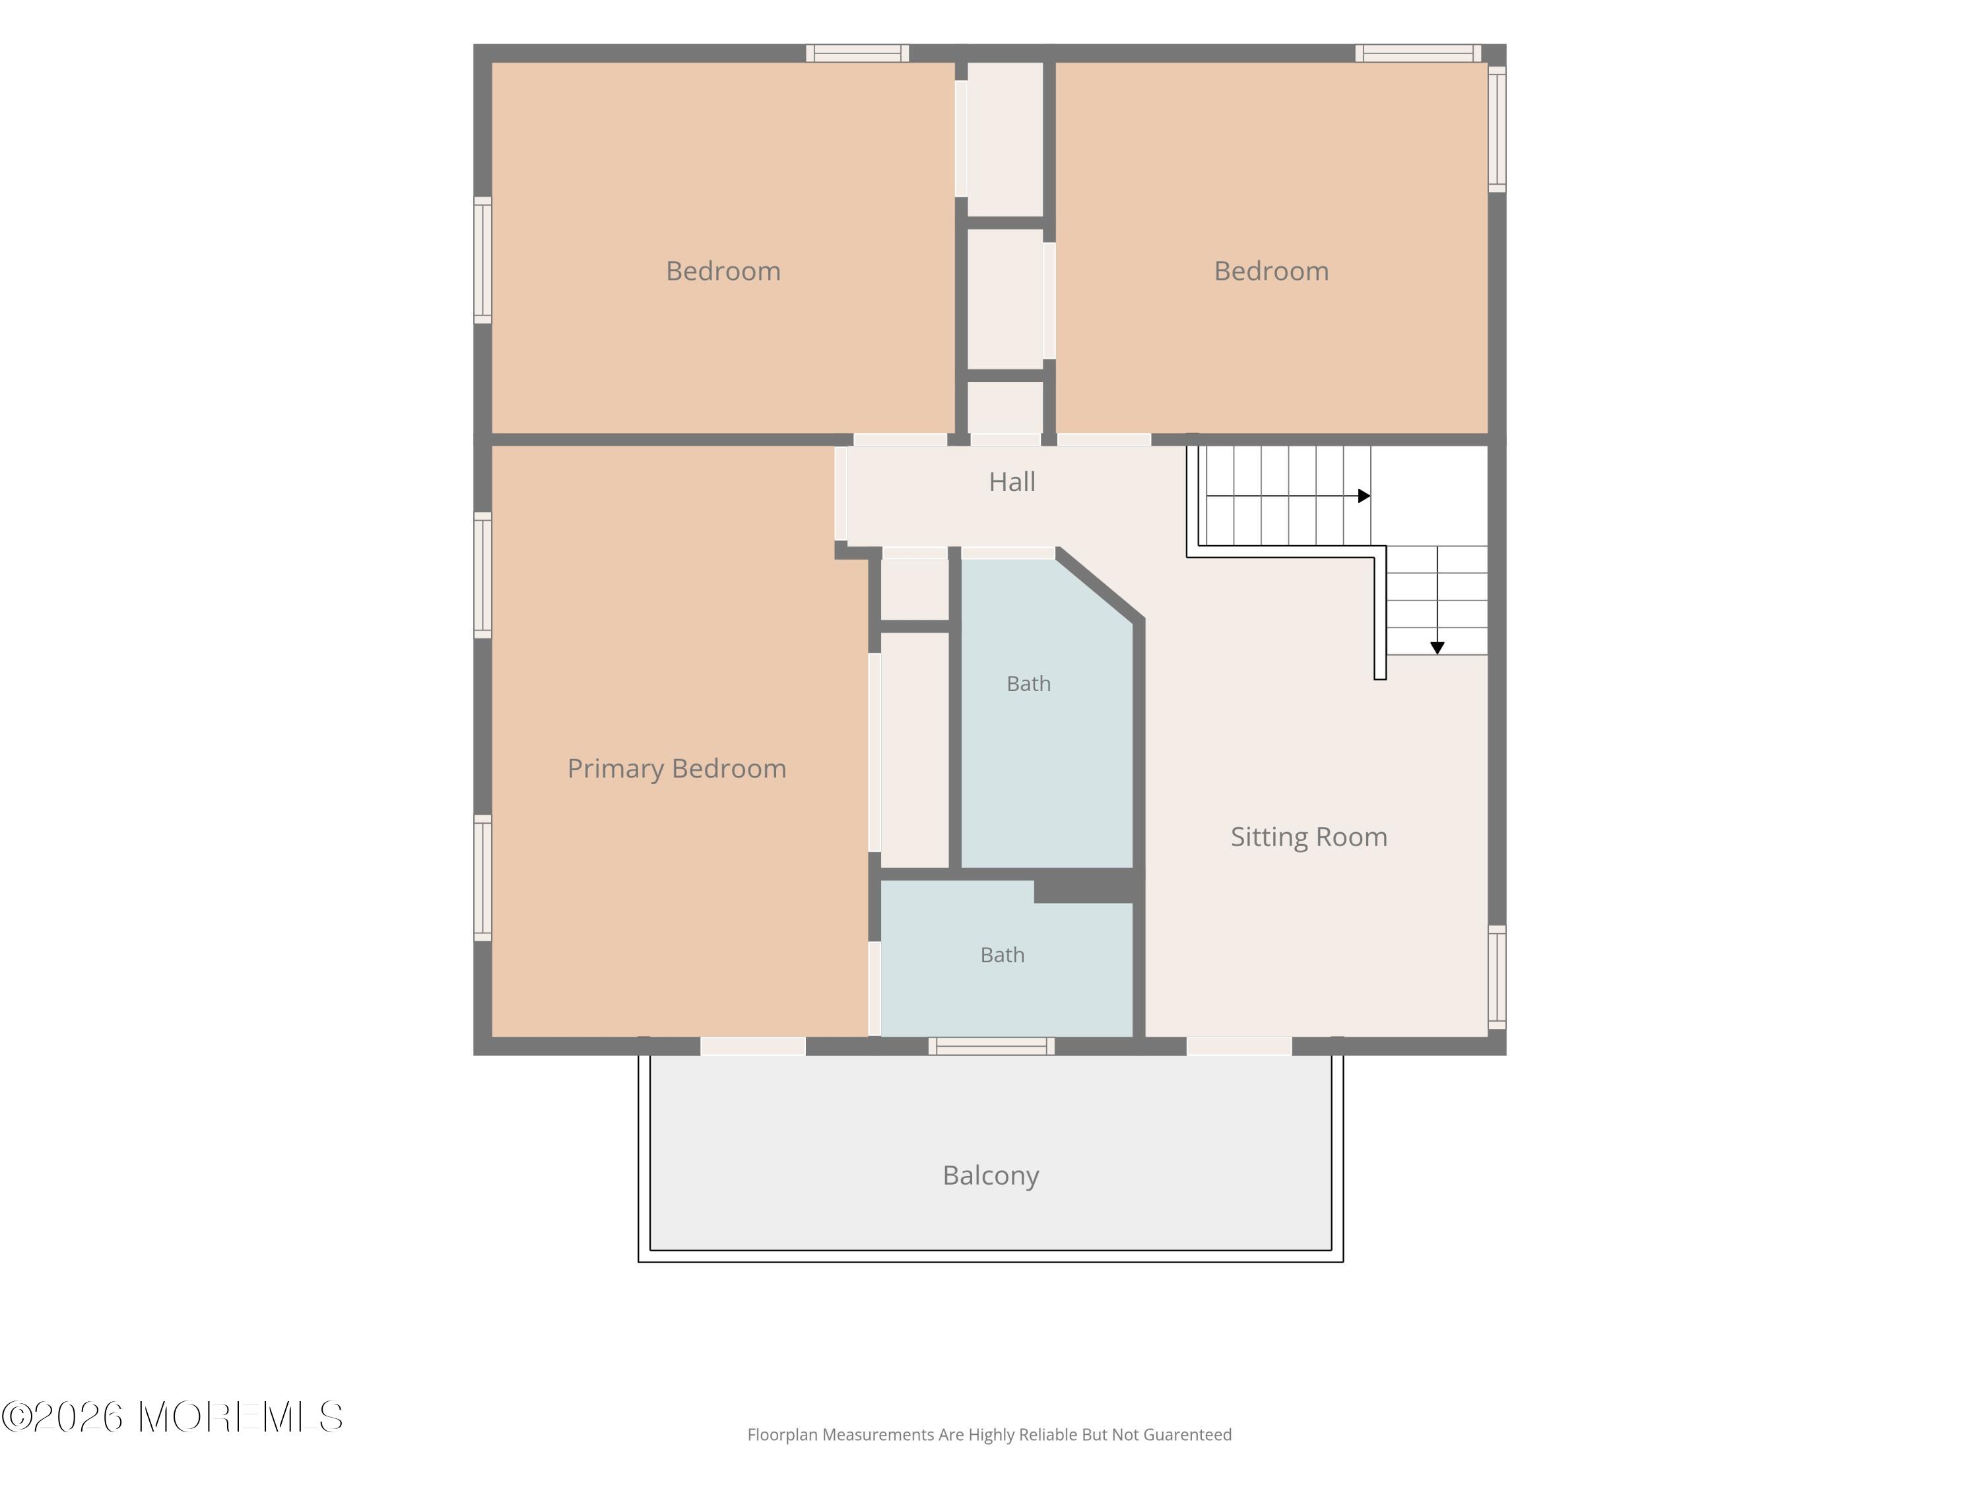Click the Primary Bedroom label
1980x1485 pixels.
point(676,769)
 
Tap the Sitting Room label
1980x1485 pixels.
point(1309,837)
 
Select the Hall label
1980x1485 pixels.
point(1012,482)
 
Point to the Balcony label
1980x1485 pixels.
point(991,1175)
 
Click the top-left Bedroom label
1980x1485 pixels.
point(723,271)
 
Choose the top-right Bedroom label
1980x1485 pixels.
point(1271,271)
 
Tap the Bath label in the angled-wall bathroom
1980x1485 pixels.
point(1028,684)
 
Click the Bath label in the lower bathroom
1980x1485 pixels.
point(1003,955)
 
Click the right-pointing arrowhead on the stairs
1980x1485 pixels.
point(1364,496)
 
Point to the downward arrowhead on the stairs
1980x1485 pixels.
point(1437,648)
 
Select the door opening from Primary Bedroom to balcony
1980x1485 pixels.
point(753,1046)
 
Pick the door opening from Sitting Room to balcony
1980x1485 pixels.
point(1239,1046)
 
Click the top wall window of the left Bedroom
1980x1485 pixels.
point(857,53)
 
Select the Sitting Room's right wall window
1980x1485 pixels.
point(1498,977)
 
